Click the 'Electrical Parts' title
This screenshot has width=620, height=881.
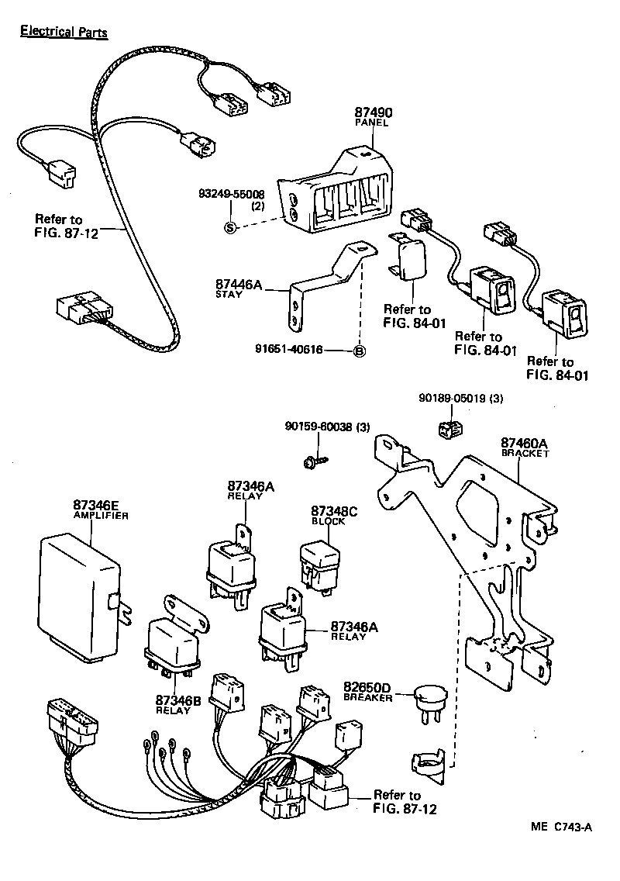click(x=63, y=32)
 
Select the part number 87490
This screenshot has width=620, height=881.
click(x=371, y=112)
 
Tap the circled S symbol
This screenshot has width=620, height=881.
click(x=229, y=226)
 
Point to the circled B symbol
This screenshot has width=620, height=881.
click(x=359, y=351)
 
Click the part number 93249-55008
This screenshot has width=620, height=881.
click(x=230, y=194)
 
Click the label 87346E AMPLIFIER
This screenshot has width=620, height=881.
click(x=100, y=509)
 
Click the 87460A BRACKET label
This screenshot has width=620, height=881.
click(x=525, y=447)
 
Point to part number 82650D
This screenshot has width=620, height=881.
click(x=367, y=687)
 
